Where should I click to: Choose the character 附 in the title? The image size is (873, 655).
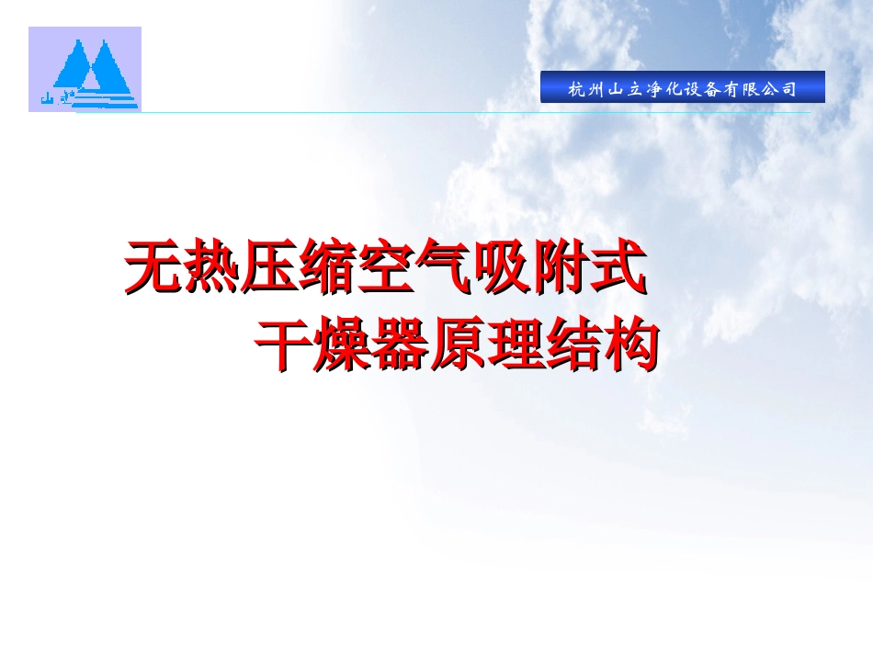[x=559, y=268]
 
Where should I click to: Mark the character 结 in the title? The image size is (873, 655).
[x=573, y=344]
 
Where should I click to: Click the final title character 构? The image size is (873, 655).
[x=630, y=344]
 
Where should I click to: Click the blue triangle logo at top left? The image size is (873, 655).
[x=85, y=69]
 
